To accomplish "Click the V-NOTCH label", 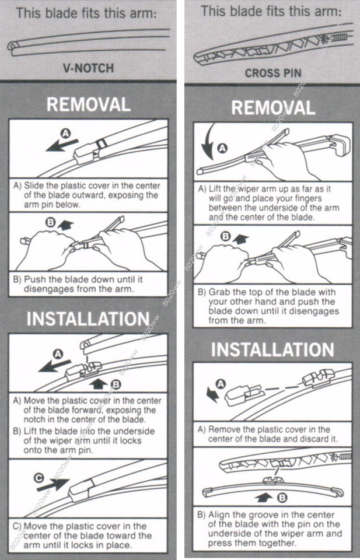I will point(88,68).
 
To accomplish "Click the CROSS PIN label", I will point(272,73).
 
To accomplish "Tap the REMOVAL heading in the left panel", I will point(88,104).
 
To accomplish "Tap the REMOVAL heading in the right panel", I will point(272,107).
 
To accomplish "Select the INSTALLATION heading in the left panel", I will point(88,319).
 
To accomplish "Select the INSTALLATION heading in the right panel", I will point(272,349).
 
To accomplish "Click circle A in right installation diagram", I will point(220,383).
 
